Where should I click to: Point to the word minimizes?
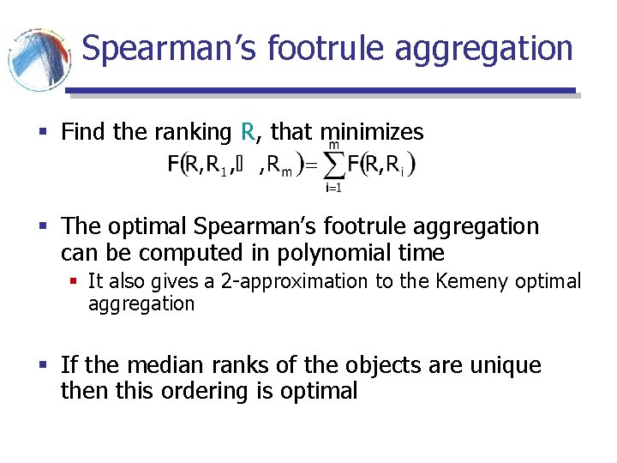371,132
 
